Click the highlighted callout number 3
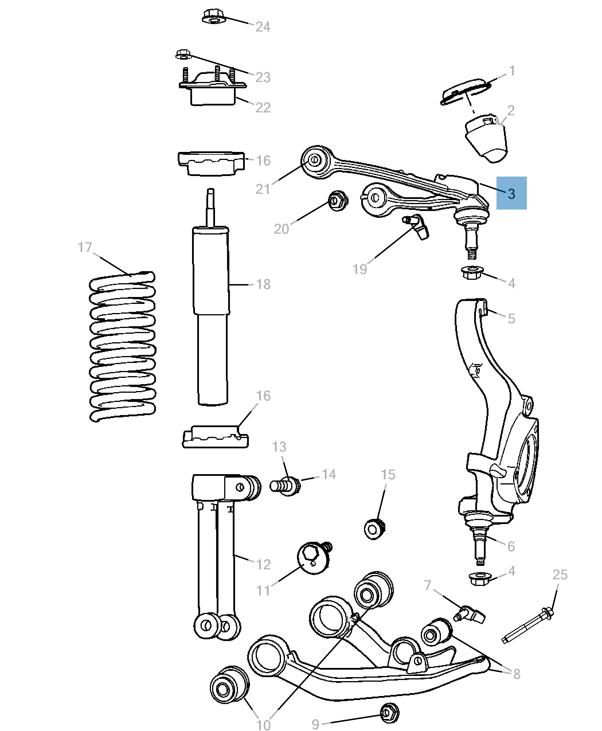(511, 193)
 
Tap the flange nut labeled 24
(213, 17)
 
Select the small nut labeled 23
(183, 54)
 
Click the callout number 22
(263, 107)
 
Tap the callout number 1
(512, 71)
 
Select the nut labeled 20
(337, 200)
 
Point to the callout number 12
(263, 564)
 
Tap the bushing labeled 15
(374, 529)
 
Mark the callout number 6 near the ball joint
(511, 546)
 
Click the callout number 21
(263, 189)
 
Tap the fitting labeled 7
(470, 615)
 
